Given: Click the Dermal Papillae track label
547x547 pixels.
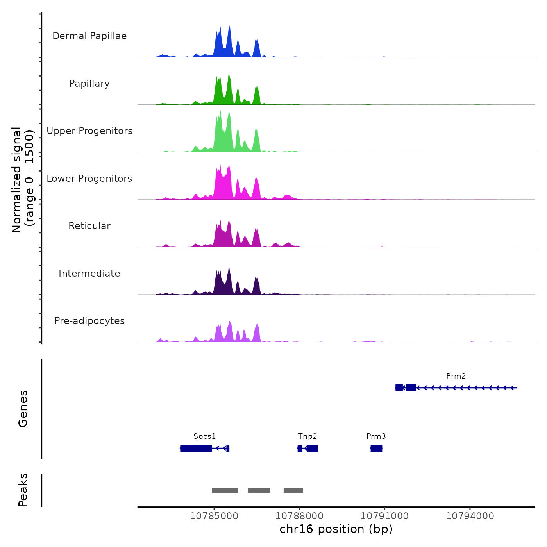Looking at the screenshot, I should tap(89, 36).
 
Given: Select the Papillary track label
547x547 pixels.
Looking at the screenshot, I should tap(89, 84).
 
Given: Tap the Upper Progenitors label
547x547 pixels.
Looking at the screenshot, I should tap(89, 131).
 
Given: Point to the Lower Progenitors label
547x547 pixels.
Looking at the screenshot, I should tap(89, 179).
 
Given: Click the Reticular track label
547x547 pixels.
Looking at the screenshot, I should tap(89, 226).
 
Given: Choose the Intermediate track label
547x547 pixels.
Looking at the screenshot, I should tap(89, 273).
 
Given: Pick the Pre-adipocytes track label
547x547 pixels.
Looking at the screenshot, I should tap(89, 321).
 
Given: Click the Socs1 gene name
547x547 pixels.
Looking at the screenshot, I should tap(204, 436).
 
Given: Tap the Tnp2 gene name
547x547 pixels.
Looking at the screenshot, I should tap(307, 436).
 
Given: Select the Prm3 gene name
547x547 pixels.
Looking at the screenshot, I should tap(376, 436).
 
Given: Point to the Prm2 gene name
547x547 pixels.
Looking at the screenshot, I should tap(456, 376).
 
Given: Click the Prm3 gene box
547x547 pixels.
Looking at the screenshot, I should tap(376, 448).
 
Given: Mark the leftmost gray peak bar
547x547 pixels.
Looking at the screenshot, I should tap(225, 490).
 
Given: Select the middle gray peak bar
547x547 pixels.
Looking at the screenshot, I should tap(259, 490).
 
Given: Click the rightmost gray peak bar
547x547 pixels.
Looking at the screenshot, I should tap(293, 490).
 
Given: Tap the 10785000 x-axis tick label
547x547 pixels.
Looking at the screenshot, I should tap(214, 516).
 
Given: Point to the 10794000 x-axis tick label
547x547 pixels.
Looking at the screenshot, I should tap(470, 516).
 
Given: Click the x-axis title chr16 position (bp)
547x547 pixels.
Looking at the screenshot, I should tap(336, 529).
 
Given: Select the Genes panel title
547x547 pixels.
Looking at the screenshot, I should tap(23, 409).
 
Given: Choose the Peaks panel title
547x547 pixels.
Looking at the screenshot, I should tap(23, 490).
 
